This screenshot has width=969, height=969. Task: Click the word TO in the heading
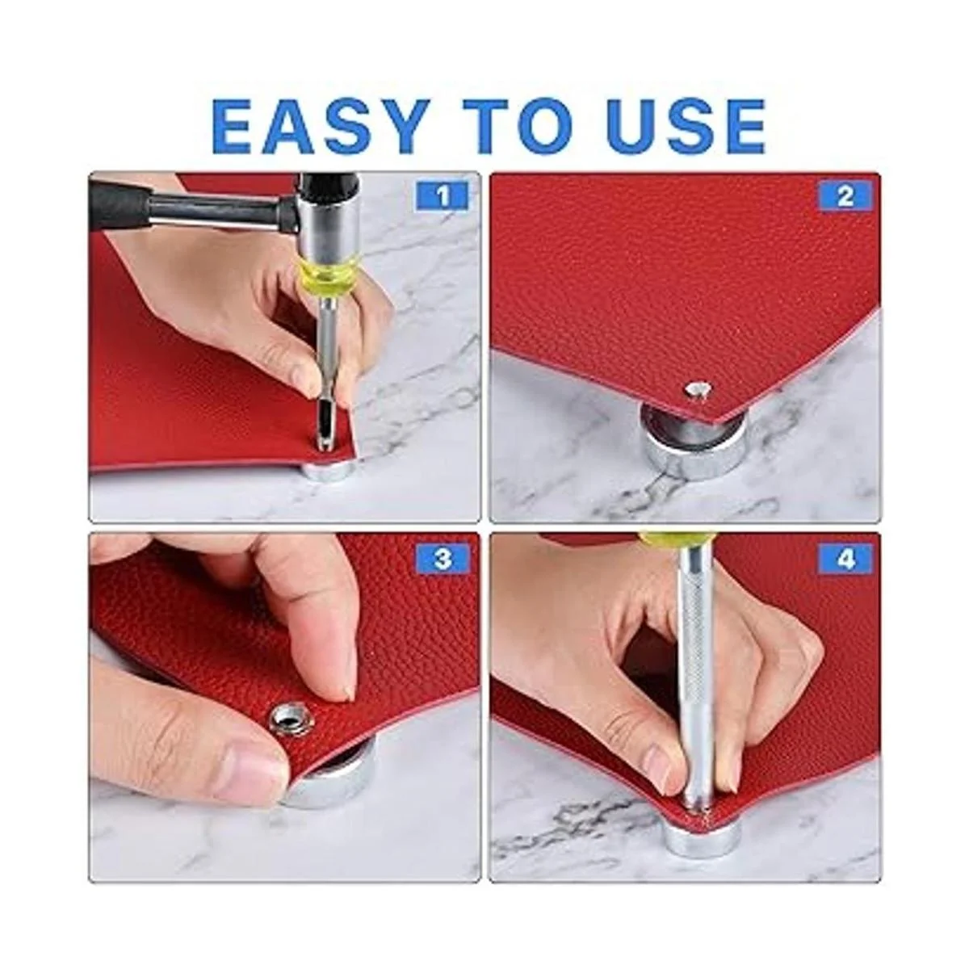[519, 126]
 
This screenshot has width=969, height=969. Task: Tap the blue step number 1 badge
[443, 195]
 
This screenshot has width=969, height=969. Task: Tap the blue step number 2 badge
[845, 195]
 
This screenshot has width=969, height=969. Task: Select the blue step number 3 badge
[443, 559]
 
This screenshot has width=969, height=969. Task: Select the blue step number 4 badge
[845, 559]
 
